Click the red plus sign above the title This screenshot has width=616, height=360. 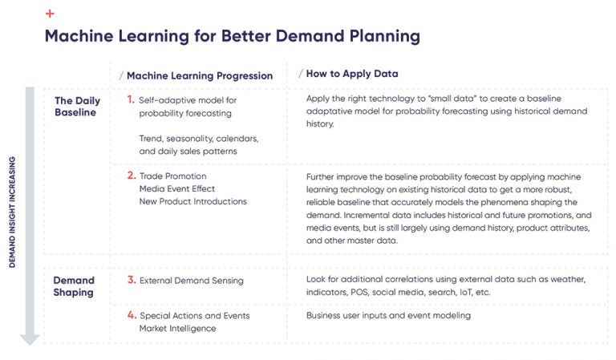tap(51, 14)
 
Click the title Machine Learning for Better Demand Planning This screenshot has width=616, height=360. tap(232, 36)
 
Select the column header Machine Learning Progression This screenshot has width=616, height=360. tap(200, 75)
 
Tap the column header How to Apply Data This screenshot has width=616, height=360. tap(352, 74)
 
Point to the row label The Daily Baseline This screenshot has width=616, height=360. tap(78, 106)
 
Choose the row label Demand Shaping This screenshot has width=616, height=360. tap(74, 286)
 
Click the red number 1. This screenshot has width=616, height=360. tap(131, 100)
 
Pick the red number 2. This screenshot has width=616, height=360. tap(131, 176)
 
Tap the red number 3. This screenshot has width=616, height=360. tap(131, 280)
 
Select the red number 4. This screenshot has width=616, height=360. tap(131, 315)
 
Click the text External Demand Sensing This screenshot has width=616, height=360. tap(192, 281)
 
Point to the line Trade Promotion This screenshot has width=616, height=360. tap(172, 176)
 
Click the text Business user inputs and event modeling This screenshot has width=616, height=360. tap(388, 316)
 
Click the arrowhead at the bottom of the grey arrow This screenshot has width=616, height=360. tap(30, 339)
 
